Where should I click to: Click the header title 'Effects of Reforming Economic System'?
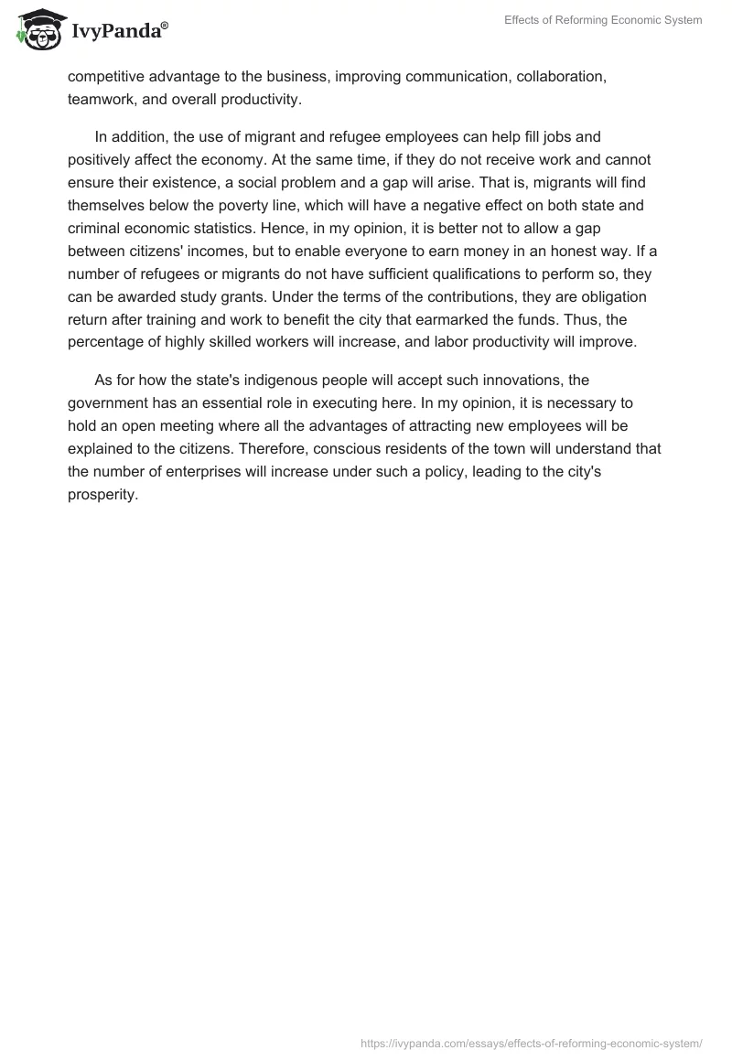[603, 20]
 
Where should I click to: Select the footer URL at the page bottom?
[532, 1043]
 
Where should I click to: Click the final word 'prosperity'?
[102, 494]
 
